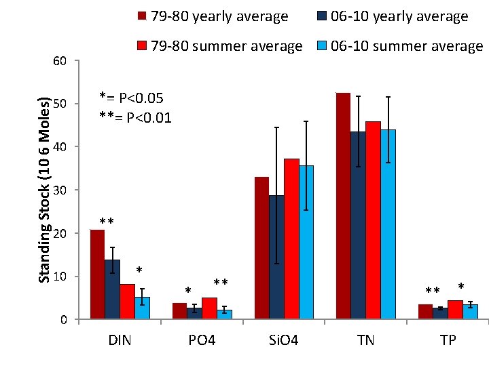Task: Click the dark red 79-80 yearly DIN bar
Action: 97,274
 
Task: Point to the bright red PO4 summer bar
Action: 209,308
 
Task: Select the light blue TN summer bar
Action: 388,224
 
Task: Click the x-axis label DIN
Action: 120,339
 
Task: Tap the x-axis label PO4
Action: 202,339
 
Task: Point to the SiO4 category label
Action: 284,339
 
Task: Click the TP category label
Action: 448,339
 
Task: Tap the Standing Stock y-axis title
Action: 44,190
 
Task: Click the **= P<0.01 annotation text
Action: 135,117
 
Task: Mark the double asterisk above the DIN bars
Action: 106,222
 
